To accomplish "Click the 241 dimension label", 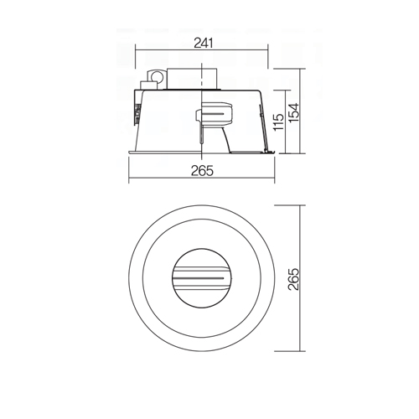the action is [x=204, y=44].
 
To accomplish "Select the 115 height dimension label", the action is [x=278, y=122].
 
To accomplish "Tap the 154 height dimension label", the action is [x=293, y=112].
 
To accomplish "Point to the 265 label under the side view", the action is [x=202, y=171].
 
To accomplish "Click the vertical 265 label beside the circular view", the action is [x=293, y=279].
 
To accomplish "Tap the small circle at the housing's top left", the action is [x=156, y=75].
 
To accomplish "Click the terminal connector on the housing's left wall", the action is [x=137, y=114].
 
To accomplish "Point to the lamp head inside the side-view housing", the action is [x=217, y=114].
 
